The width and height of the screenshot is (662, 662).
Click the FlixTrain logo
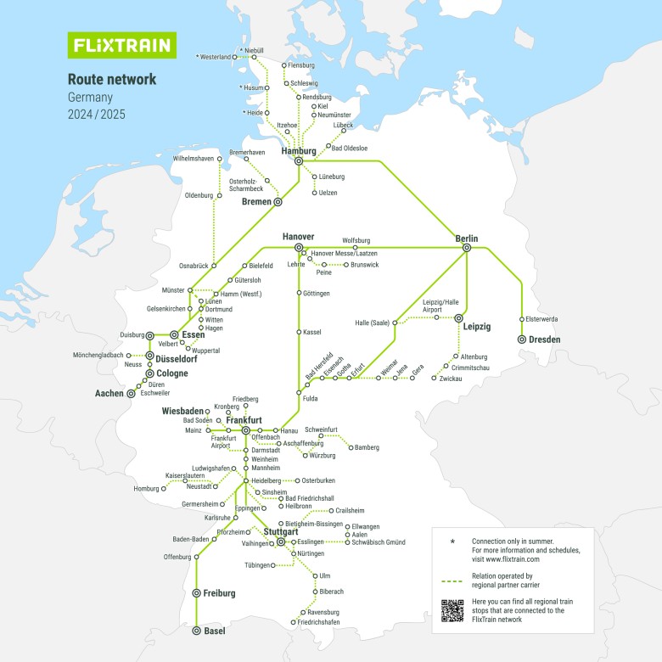pos(121,45)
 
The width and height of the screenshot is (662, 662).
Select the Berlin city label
pos(467,238)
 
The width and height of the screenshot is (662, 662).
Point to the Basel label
pos(215,631)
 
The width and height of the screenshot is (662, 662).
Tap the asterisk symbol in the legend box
pos(452,541)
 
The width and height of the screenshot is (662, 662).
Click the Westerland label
pos(214,57)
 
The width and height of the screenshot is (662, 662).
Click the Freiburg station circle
pos(196,593)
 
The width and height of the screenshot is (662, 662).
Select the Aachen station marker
pos(131,394)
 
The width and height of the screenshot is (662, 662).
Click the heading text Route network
pos(112,79)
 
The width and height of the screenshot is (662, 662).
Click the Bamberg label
pos(367,447)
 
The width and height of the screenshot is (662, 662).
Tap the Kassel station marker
pos(298,332)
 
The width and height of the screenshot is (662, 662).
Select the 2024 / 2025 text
pos(96,114)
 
